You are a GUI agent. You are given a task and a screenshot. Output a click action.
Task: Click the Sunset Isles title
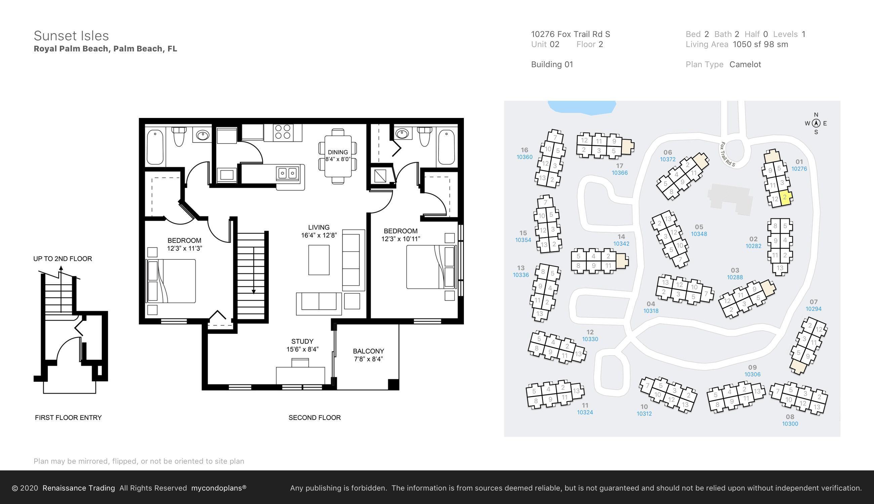71,36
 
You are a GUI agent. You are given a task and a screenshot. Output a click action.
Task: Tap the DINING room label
337,152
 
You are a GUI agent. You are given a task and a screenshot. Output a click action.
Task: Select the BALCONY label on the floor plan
368,351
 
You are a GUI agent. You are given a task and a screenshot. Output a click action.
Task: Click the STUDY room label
302,341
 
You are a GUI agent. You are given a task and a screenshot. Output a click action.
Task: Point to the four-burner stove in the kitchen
283,132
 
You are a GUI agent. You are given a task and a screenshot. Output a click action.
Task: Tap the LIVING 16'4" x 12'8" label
319,231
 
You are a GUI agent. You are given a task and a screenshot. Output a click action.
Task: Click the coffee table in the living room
319,260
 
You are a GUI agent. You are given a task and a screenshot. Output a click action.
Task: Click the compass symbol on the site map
816,123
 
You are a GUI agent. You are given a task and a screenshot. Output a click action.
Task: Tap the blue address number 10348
699,234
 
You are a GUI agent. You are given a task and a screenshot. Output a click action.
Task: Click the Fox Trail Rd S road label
727,154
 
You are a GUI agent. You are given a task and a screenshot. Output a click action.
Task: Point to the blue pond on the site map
582,107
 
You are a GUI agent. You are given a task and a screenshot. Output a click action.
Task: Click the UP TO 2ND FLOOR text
63,259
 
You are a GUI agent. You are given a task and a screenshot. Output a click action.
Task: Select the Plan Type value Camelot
745,65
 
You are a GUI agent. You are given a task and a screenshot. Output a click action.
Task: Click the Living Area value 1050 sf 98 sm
760,44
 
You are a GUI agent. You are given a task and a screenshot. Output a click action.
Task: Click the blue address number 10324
585,412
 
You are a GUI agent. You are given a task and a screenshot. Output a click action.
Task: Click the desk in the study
300,375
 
